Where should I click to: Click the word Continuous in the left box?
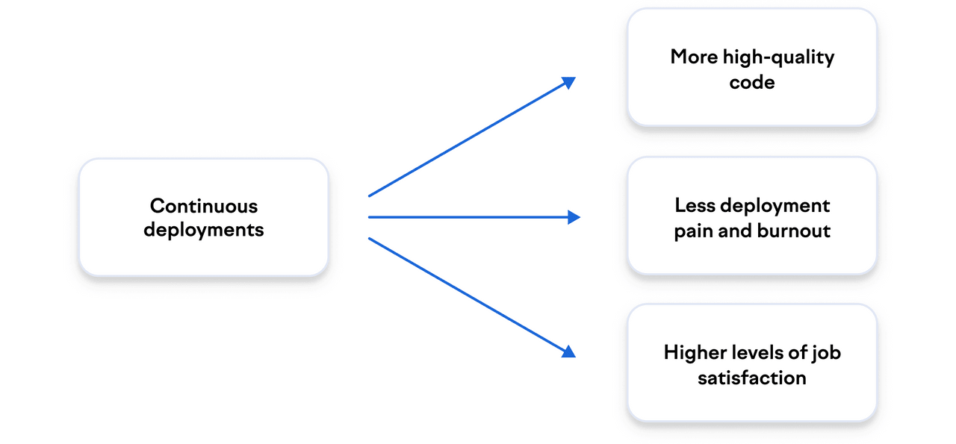(x=204, y=205)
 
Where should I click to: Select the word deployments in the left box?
(x=204, y=230)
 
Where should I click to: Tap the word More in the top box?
(x=694, y=57)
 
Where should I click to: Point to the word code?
(x=752, y=82)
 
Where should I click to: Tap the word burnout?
(x=794, y=231)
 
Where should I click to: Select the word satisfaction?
(x=752, y=378)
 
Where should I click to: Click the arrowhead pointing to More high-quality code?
(x=569, y=81)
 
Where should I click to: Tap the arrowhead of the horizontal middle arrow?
(x=574, y=217)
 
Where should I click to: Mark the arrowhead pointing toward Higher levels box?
(x=568, y=351)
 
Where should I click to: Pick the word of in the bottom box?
(x=799, y=352)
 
